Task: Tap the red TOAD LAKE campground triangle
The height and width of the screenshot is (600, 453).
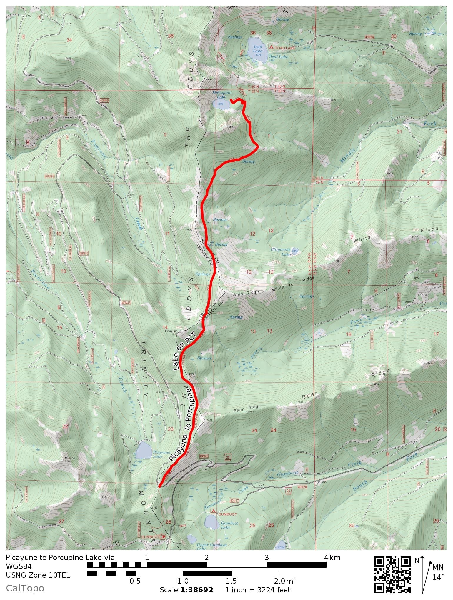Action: point(271,47)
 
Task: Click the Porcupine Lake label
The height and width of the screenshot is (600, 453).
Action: point(221,94)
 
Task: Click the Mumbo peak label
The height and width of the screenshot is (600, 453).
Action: point(70,458)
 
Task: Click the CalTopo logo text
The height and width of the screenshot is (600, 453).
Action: point(25,588)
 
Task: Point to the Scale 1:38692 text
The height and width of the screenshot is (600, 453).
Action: point(186,590)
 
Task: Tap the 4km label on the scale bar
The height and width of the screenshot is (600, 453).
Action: point(332,557)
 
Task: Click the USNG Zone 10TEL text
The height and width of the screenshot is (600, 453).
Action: point(38,575)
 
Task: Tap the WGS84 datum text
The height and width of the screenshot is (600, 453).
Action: point(19,566)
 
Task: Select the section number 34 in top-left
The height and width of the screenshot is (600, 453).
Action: point(69,40)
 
